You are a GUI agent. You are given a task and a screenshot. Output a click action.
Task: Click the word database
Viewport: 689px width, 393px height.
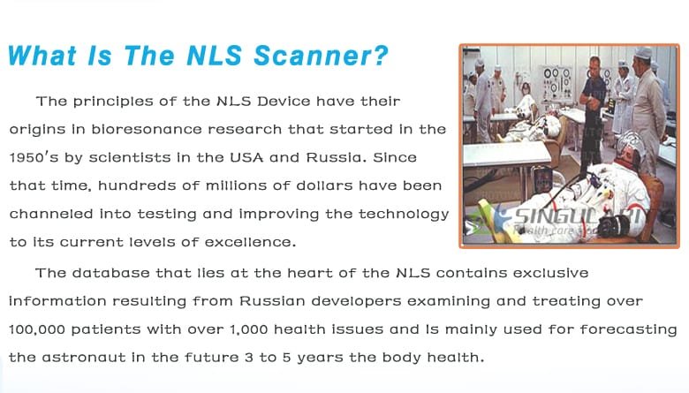click(108, 273)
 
